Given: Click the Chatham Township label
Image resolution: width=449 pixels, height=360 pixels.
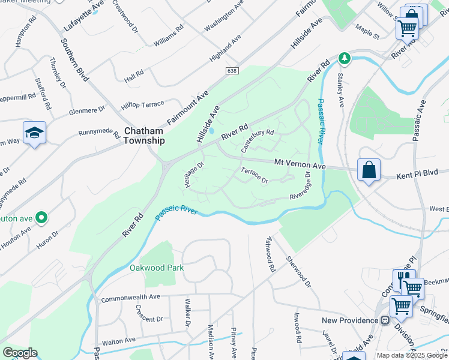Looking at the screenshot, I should pos(144,136).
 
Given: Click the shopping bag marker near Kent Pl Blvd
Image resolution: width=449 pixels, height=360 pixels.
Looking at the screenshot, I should pos(369,170).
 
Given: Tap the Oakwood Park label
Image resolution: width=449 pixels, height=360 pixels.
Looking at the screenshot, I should pos(157,268).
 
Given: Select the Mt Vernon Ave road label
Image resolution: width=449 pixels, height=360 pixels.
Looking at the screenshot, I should pos(300,164).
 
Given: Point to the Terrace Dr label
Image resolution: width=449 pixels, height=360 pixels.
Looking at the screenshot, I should pos(254,176).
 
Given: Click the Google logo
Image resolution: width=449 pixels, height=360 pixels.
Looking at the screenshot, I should pos(20,353).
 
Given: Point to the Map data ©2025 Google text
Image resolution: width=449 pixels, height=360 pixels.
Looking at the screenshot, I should pos(411,355).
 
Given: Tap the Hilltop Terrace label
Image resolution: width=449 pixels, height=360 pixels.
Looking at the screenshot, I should pos(142,104).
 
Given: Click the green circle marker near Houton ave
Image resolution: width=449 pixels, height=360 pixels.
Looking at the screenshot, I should pos(41,217).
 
